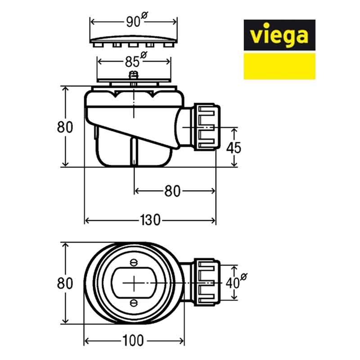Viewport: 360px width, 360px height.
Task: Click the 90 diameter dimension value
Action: tap(134, 22)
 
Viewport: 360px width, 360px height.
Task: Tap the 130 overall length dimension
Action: tap(150, 220)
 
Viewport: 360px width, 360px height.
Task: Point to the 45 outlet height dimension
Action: tap(234, 147)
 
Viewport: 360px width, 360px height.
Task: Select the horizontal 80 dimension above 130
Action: tap(172, 191)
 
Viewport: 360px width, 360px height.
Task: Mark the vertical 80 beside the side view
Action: tap(65, 127)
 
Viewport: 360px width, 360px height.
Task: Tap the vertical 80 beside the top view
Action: tap(65, 283)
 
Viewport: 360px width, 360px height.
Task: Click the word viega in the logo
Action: tap(279, 35)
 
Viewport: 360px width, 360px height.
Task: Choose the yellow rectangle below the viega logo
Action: tap(279, 67)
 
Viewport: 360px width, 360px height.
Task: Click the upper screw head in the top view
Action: tap(134, 262)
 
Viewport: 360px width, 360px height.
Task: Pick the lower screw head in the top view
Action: tap(134, 302)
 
